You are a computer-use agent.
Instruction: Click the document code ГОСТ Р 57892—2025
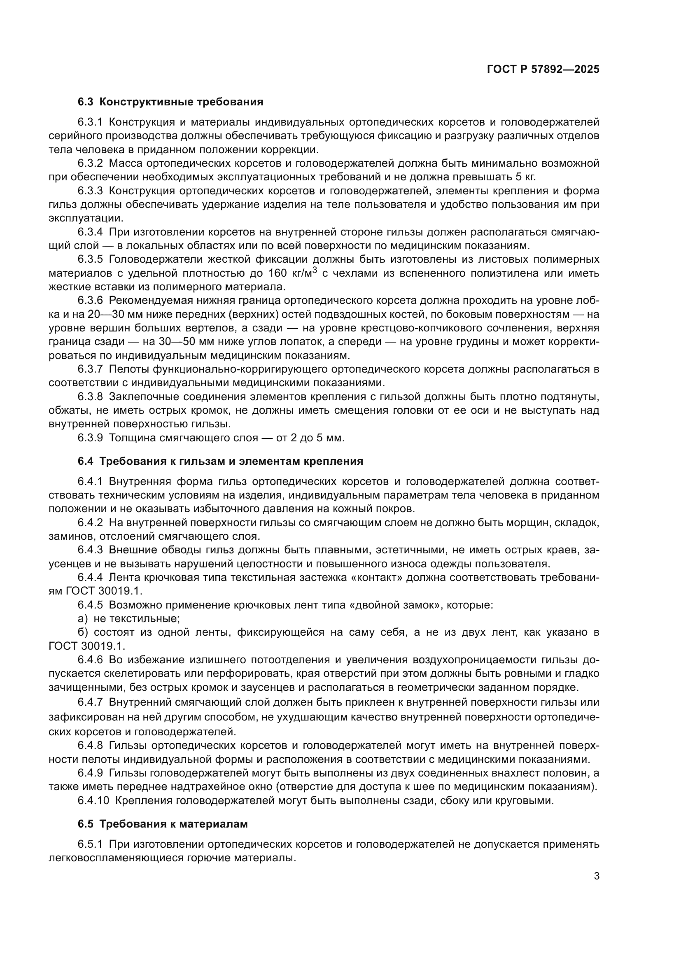tap(543, 70)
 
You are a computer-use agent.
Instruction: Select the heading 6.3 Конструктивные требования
tap(170, 102)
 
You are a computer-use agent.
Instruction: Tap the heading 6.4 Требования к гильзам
tap(220, 462)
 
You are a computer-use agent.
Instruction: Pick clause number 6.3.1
tap(90, 122)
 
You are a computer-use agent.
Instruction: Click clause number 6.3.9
tap(90, 438)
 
